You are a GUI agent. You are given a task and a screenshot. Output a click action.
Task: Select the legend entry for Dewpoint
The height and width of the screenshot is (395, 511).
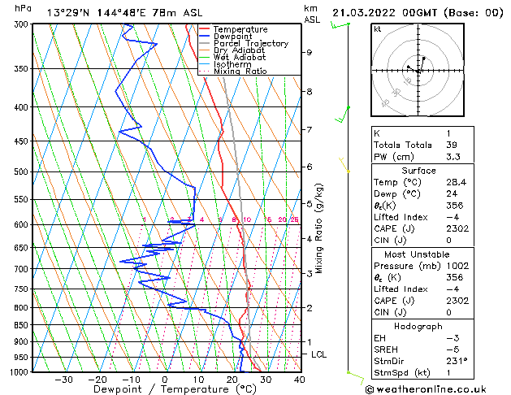point(232,37)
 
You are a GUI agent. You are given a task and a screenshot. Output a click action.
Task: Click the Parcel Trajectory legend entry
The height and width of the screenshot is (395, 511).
point(250,44)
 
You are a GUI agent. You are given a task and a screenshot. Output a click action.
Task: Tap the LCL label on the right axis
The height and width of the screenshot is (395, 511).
point(319,354)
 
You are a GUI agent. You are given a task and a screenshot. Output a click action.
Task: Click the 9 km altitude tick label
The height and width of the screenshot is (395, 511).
point(310,52)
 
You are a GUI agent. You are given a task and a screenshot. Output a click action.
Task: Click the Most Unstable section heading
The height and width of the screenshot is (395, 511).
point(418,254)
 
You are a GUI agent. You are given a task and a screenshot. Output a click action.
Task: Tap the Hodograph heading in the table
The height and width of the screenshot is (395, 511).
point(418,325)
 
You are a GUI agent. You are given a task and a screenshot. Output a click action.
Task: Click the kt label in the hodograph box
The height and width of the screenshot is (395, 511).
point(377,29)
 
